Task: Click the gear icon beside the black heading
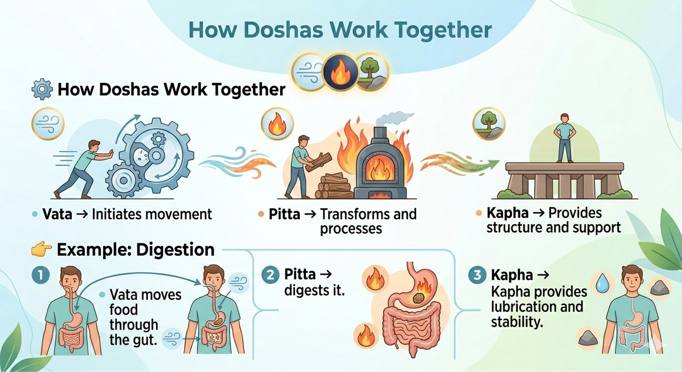42,89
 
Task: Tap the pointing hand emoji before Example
42,249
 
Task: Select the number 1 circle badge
40,275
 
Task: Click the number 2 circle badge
270,275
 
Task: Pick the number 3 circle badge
477,275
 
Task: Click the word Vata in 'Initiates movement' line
57,214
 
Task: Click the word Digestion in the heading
175,249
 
